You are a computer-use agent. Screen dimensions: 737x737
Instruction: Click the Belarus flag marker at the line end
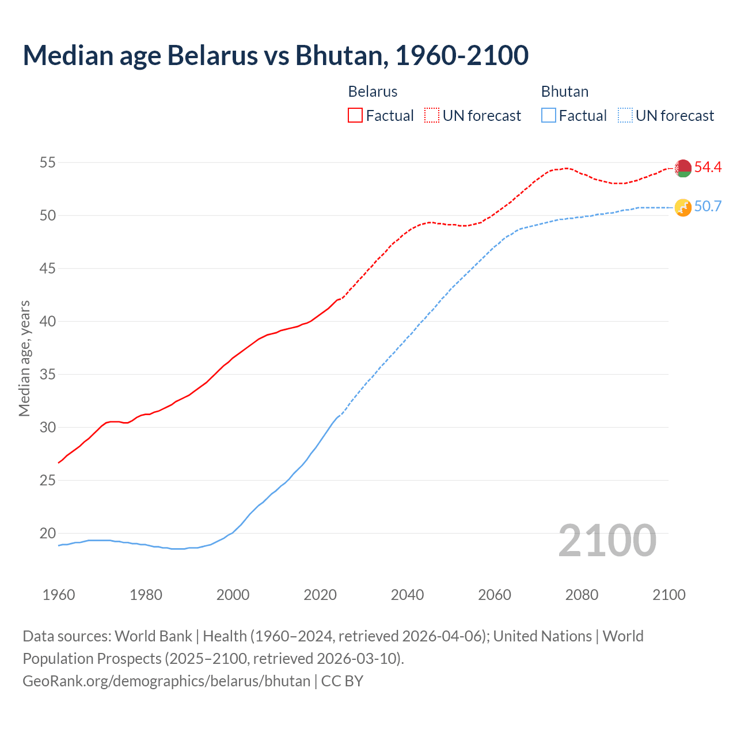click(x=683, y=168)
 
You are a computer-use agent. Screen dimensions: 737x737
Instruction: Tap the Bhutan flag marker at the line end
click(x=683, y=207)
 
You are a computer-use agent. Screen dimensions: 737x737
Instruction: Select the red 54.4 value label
click(x=708, y=168)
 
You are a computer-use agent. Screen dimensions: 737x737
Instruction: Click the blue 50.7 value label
click(x=708, y=207)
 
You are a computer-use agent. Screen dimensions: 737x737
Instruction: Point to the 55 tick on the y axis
click(x=47, y=163)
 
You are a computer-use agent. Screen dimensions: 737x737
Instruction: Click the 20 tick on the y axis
click(x=47, y=534)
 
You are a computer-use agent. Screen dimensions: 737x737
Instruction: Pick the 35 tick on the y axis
click(x=47, y=375)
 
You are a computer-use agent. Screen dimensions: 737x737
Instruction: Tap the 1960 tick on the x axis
click(x=59, y=595)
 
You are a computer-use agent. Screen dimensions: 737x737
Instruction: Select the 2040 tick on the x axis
click(x=407, y=595)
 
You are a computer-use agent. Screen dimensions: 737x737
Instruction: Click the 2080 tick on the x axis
click(x=582, y=595)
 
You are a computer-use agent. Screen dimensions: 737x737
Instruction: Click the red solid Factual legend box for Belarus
click(x=355, y=116)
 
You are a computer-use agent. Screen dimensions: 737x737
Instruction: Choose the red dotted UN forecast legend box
click(x=432, y=116)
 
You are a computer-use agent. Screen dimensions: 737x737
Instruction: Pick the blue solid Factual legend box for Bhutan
click(x=549, y=116)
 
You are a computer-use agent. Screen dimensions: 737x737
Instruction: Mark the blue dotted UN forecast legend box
click(x=625, y=116)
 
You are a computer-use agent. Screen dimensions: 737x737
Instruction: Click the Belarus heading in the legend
click(x=373, y=92)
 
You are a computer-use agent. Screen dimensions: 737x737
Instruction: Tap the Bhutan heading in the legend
click(x=565, y=92)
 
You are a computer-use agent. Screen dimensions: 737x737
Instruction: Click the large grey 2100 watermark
click(x=607, y=541)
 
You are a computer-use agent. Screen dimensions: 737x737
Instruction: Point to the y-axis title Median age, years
click(x=24, y=358)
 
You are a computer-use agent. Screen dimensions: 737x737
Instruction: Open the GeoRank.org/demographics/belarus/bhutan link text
click(x=166, y=681)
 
